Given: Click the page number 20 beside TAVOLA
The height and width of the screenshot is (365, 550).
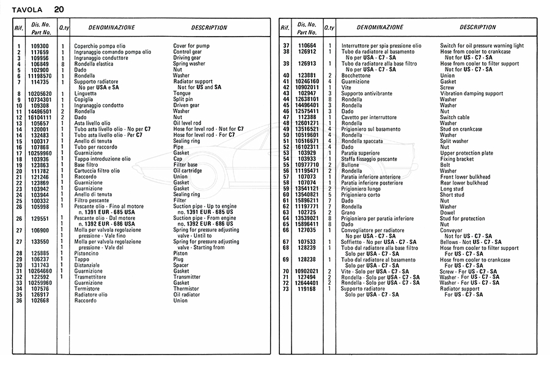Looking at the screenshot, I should [x=58, y=10].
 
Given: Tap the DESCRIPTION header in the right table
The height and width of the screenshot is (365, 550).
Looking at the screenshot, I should [x=477, y=28].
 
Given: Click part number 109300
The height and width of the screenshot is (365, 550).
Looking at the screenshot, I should [x=40, y=46].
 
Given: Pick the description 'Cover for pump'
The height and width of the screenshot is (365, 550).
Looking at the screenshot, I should [x=191, y=46].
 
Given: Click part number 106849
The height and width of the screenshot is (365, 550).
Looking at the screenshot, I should [x=40, y=64].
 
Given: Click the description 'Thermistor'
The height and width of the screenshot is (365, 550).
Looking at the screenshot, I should [x=186, y=289].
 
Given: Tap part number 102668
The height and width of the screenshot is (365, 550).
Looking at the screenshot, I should [x=40, y=301].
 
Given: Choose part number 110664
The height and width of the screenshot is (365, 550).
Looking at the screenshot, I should [x=307, y=46].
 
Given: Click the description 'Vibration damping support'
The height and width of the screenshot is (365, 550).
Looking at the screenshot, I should [x=472, y=94].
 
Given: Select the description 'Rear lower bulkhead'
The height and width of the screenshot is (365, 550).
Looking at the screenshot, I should [x=464, y=182].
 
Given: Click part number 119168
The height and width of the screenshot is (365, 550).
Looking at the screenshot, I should [x=307, y=289].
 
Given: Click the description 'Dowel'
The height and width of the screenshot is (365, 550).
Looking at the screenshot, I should [x=447, y=212].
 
